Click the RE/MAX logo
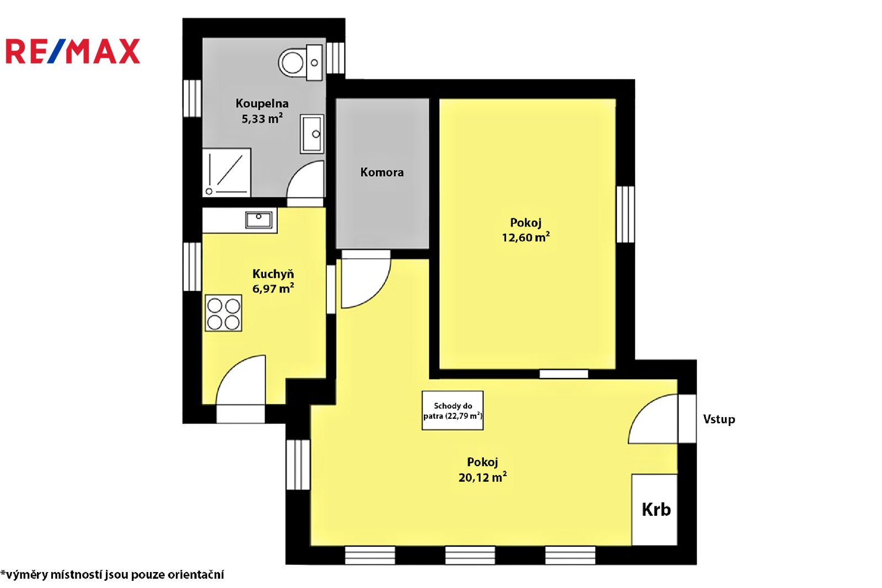click(x=73, y=51)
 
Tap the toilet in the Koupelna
click(x=300, y=63)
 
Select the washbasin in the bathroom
click(x=312, y=134)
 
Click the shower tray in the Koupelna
click(x=227, y=172)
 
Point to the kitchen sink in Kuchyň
click(x=259, y=220)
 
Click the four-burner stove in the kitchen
click(x=223, y=313)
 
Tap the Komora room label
click(x=382, y=172)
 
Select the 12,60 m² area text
click(x=526, y=238)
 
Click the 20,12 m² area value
click(x=482, y=477)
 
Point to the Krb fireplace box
click(x=654, y=510)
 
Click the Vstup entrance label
click(x=719, y=419)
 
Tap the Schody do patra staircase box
click(x=453, y=411)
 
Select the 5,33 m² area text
click(x=262, y=118)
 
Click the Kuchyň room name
click(x=273, y=274)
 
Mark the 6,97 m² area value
click(x=273, y=289)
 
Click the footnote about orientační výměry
click(x=112, y=575)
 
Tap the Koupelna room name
click(x=262, y=104)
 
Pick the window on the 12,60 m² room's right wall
click(x=625, y=214)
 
